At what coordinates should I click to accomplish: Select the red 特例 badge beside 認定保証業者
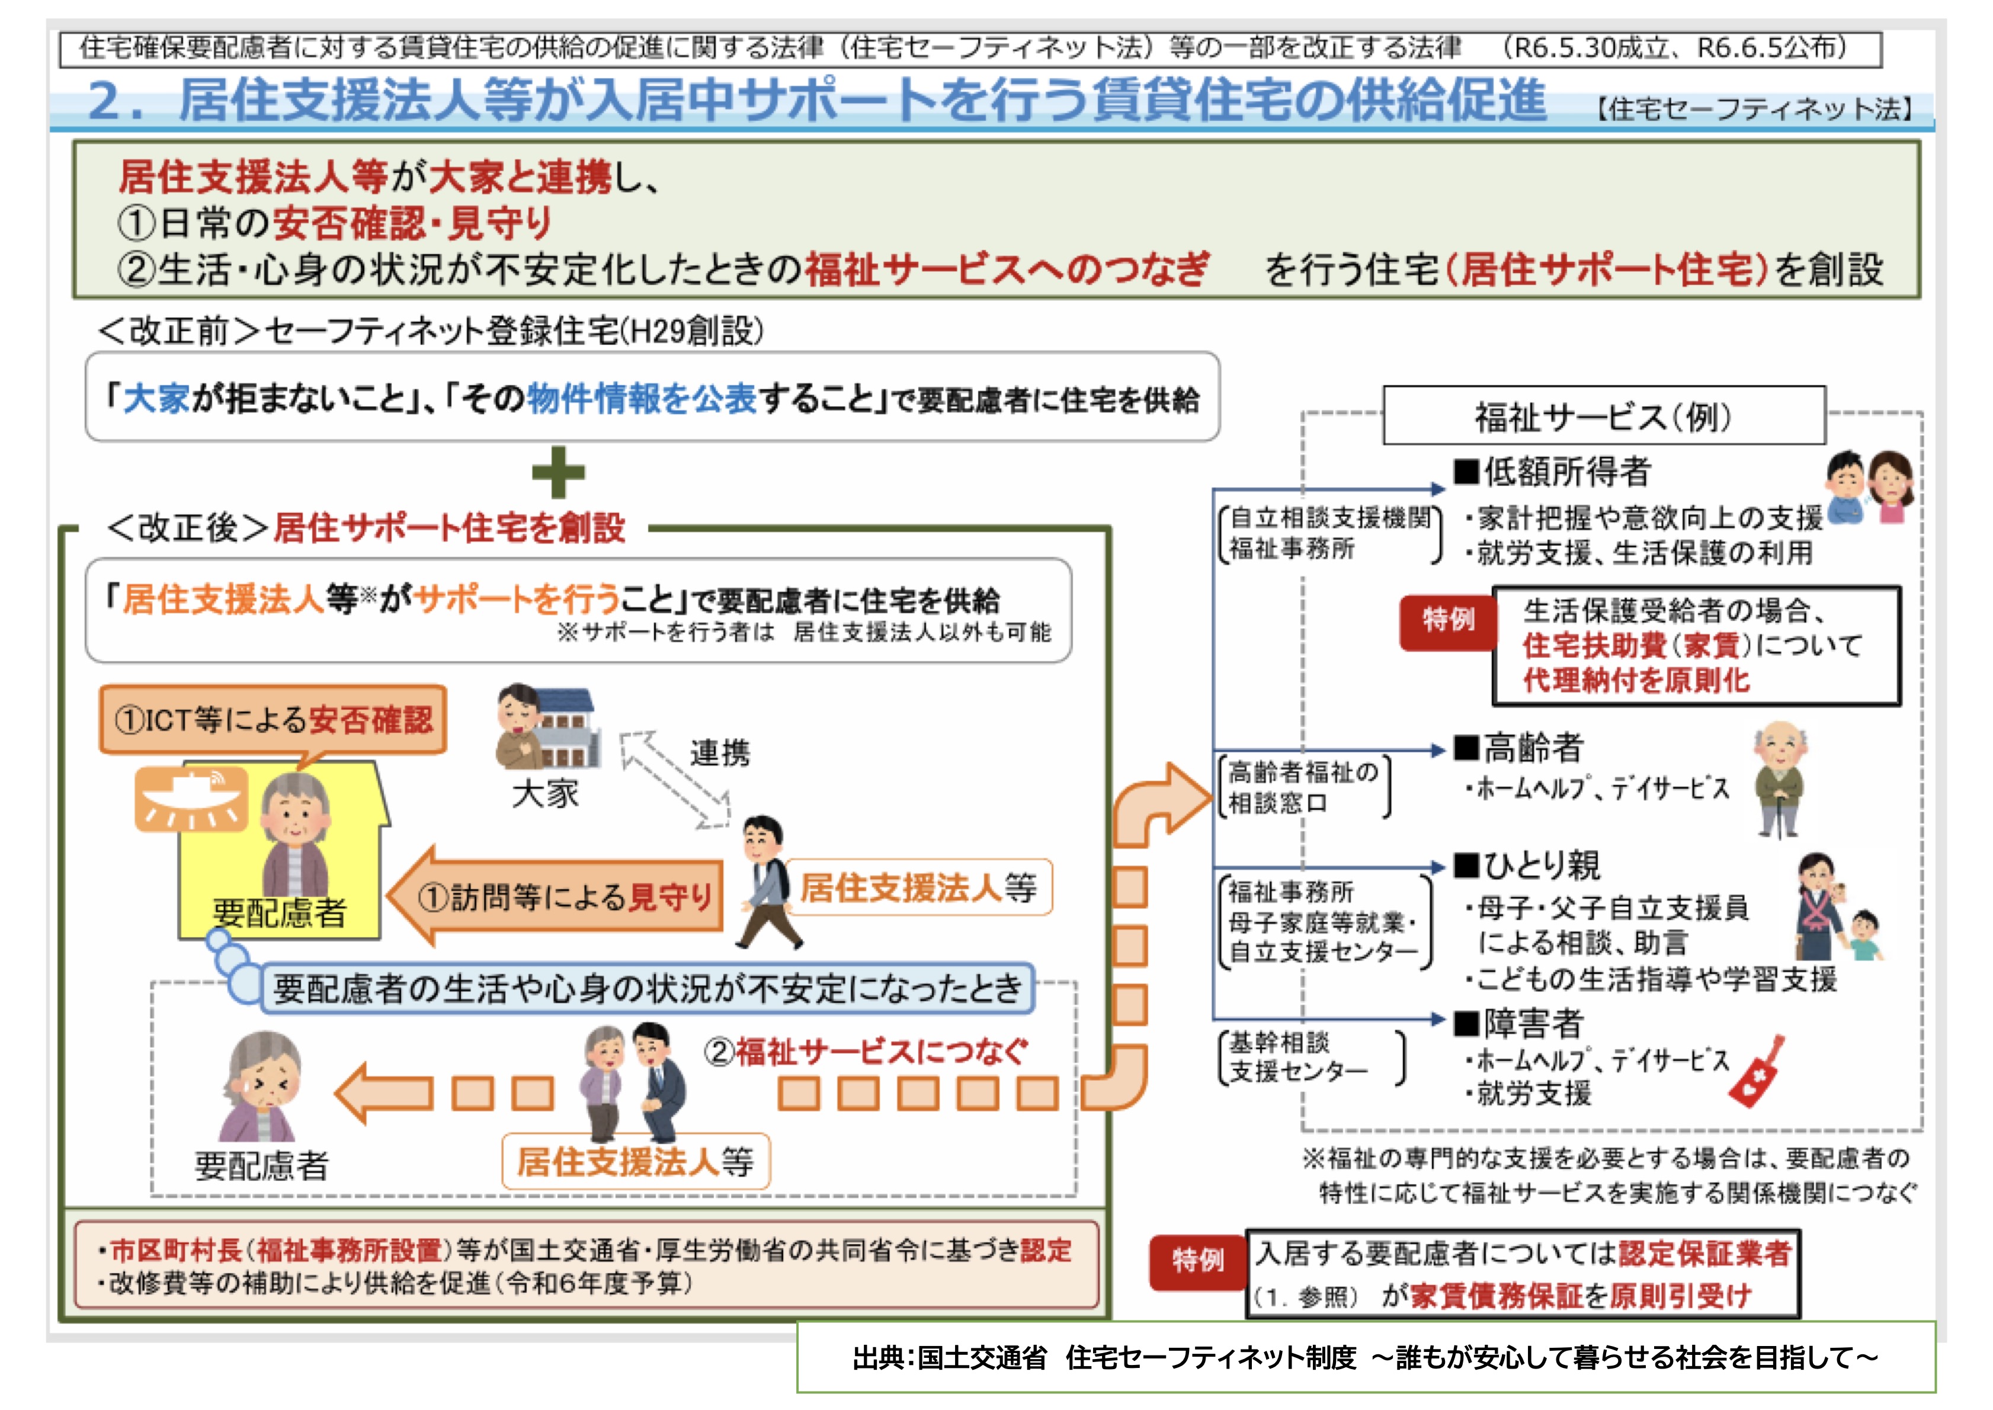1198,1260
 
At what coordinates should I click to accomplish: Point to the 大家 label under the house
545,793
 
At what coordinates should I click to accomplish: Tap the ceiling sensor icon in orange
190,798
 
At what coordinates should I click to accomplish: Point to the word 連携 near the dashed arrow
720,752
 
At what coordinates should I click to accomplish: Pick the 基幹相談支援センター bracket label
1310,1057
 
